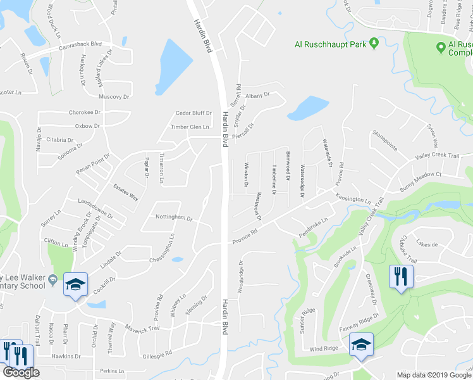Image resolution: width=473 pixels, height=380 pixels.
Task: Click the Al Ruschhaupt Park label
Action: point(331,44)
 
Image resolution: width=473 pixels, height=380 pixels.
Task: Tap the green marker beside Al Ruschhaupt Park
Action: point(374,44)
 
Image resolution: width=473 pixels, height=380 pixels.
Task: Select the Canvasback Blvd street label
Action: point(80,45)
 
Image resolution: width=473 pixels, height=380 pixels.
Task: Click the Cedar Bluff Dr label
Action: point(193,113)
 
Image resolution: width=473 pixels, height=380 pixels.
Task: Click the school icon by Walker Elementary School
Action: point(76,285)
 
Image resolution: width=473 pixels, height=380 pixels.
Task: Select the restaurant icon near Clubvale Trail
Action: point(401,277)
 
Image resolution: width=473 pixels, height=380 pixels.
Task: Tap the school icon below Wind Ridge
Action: point(361,345)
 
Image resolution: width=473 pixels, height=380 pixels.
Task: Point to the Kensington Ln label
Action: point(353,198)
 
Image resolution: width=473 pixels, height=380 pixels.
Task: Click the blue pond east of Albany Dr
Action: point(304,108)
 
